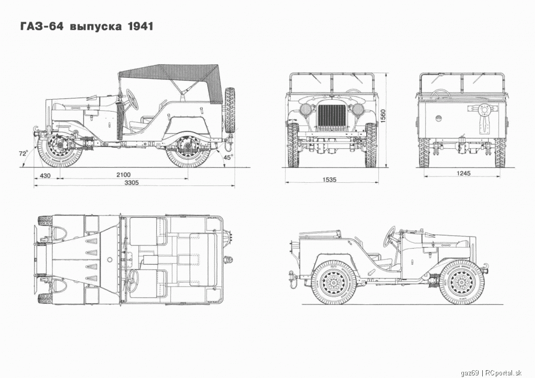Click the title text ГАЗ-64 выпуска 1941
[87, 26]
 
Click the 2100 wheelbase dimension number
[123, 175]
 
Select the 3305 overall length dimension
[131, 183]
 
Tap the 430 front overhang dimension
[45, 175]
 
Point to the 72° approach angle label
[22, 153]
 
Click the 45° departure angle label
[228, 157]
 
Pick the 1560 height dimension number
[383, 116]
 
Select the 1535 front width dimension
[329, 180]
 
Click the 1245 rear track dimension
[463, 173]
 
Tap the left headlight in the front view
[305, 110]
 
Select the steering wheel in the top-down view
[132, 280]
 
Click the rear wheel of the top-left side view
[188, 150]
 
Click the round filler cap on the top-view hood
[110, 259]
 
